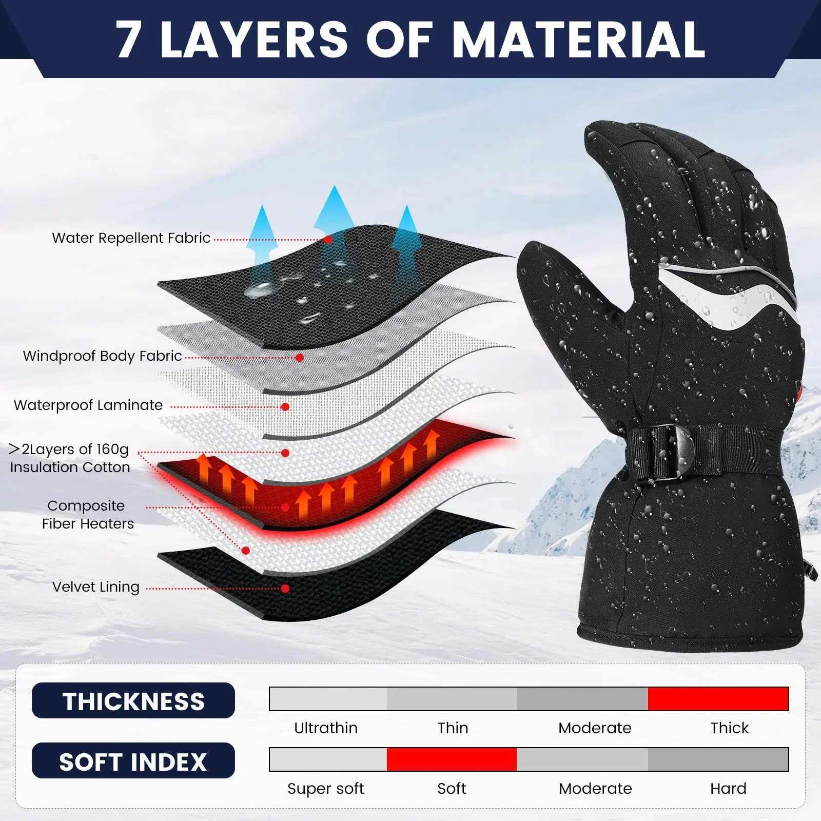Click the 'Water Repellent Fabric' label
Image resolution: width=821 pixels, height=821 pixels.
tap(131, 238)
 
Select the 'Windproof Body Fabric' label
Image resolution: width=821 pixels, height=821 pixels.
tap(103, 356)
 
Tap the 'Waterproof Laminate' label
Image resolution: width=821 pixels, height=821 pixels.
tap(88, 405)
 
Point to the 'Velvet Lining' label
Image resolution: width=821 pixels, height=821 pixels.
tap(96, 587)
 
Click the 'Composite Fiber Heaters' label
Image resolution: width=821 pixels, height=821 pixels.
tap(88, 515)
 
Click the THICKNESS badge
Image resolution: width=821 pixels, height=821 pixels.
tap(133, 701)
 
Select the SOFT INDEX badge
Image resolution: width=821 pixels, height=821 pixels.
tap(133, 761)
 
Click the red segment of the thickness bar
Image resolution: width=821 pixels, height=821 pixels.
tap(718, 699)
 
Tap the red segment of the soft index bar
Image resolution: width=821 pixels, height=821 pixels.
tap(452, 759)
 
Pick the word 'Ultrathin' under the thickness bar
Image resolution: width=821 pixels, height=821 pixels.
tap(326, 728)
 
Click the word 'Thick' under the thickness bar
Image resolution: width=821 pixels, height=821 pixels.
tap(729, 728)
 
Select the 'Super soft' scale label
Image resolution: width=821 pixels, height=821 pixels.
tap(326, 789)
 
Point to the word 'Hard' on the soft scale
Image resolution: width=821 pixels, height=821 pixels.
tap(728, 789)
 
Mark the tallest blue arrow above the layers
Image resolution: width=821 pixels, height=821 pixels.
tap(335, 216)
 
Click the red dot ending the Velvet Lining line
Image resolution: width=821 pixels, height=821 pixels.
tap(285, 589)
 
